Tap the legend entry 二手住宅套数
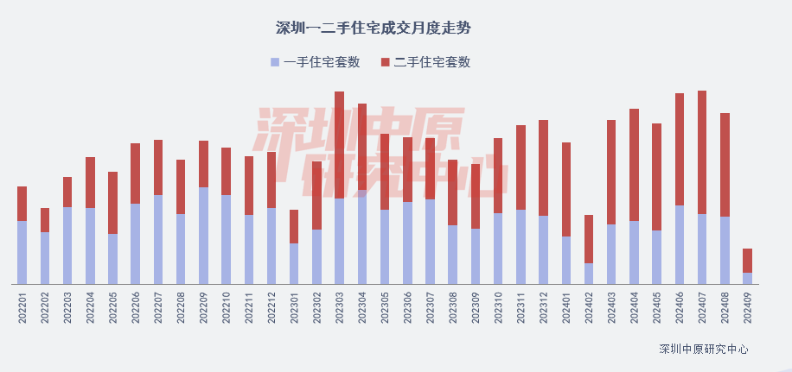coord(431,62)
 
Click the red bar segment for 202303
coord(340,145)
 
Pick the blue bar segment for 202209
coord(203,235)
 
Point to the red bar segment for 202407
coord(702,152)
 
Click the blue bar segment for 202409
coord(747,278)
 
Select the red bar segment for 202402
coord(589,239)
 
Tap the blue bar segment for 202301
coord(294,263)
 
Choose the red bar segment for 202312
coord(543,167)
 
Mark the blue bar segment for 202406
coord(680,244)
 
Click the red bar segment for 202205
coord(112,203)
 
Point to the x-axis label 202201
coord(22,307)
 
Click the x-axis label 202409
coord(747,307)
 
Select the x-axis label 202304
coord(362,307)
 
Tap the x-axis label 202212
coord(271,307)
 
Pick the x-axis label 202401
coord(566,307)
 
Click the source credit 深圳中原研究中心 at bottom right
coord(703,350)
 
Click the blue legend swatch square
coord(275,62)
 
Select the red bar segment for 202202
coord(45,220)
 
